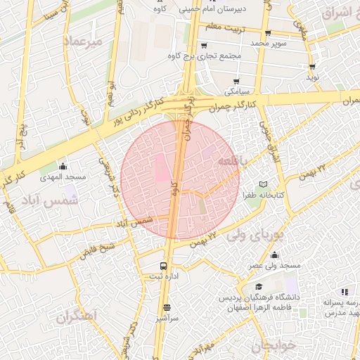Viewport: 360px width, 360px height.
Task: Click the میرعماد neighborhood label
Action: [84, 41]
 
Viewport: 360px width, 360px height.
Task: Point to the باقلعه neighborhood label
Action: [233, 160]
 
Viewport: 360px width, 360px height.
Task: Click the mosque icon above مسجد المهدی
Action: [63, 166]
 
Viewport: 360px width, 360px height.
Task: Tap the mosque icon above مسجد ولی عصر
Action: [274, 255]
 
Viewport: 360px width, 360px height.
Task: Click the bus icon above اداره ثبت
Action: [163, 266]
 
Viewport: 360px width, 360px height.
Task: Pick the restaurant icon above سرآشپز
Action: [167, 307]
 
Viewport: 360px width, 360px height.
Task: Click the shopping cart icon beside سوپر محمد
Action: [268, 32]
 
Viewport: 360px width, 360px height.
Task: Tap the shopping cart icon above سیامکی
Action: [236, 81]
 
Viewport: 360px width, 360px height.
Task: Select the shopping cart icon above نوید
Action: [311, 67]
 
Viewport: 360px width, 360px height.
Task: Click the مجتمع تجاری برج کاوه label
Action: [210, 55]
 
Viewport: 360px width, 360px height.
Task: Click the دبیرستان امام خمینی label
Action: [211, 10]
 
